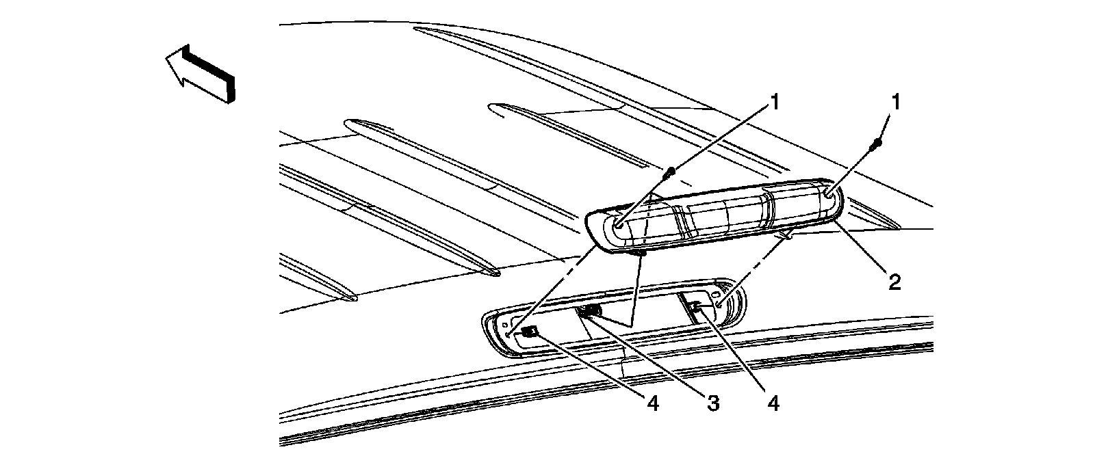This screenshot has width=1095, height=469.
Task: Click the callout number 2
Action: (893, 281)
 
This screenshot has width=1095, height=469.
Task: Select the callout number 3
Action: (712, 405)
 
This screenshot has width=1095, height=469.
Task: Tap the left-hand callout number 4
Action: (652, 405)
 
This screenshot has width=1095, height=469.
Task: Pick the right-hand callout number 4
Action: (773, 405)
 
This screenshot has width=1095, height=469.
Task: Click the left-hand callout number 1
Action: (774, 103)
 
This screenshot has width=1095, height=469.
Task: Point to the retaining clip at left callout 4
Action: (529, 332)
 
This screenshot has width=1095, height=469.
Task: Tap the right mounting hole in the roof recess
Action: (719, 301)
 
